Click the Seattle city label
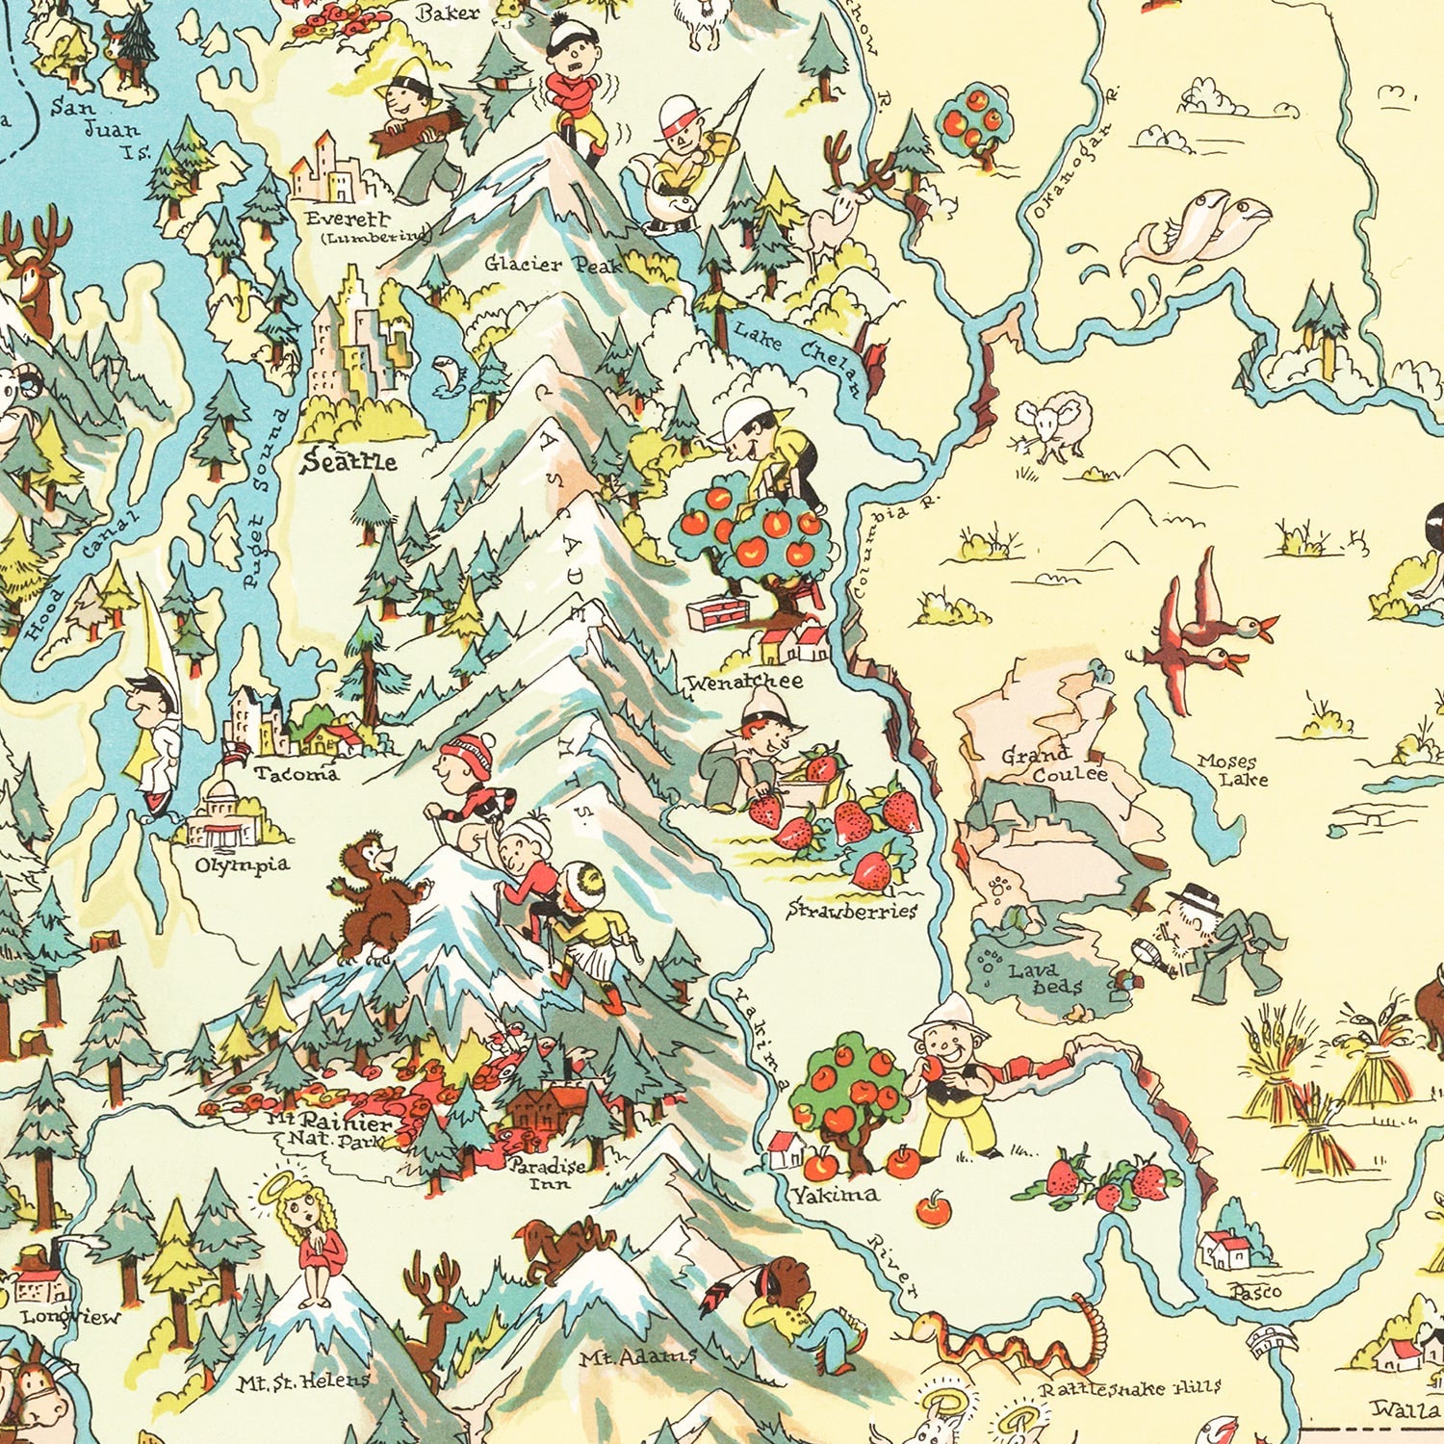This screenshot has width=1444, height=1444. coord(348,462)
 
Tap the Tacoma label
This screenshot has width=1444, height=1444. coord(297,773)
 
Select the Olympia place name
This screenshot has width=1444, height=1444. coord(242,864)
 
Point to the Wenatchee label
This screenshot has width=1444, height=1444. coord(743,682)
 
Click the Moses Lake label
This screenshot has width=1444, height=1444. coord(1233,770)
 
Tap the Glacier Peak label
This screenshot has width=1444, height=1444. coord(553,263)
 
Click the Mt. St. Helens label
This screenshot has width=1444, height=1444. coord(302,1381)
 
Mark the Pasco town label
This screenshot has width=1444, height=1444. coord(1256,1291)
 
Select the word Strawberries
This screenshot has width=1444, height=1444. coord(852,910)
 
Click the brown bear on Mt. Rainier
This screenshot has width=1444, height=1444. coord(375,897)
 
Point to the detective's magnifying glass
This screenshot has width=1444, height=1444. coord(1147,953)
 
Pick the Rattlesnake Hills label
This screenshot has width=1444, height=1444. coord(1129,1388)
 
